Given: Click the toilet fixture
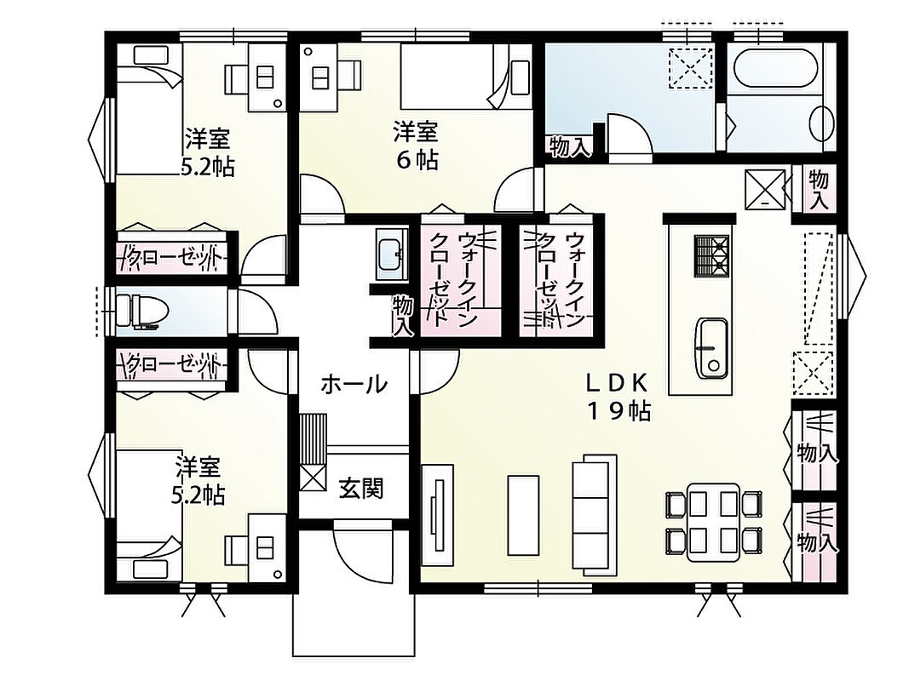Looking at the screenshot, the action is pos(141,311).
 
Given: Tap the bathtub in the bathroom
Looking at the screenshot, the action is pos(775,69).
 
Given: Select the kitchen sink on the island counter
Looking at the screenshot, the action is pos(712,347).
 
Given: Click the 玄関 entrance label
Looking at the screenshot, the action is pos(361,489).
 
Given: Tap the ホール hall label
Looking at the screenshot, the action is pos(354,384).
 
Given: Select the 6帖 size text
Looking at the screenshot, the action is pos(417,160).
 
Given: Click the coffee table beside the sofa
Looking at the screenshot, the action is pos(523,515).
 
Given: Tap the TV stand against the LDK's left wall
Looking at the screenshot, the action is pos(437,515).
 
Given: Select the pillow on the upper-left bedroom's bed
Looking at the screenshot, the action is pos(152,55).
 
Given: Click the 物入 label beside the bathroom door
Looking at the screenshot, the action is pos(570,146).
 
